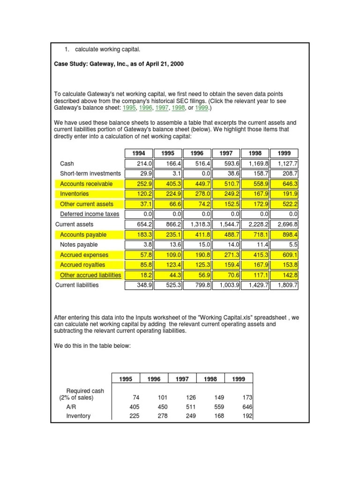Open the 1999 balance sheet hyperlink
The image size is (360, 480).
point(202,108)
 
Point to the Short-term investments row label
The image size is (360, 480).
point(90,173)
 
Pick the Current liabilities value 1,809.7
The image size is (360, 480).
point(285,285)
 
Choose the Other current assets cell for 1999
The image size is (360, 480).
point(285,204)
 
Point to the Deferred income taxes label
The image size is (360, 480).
point(90,214)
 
